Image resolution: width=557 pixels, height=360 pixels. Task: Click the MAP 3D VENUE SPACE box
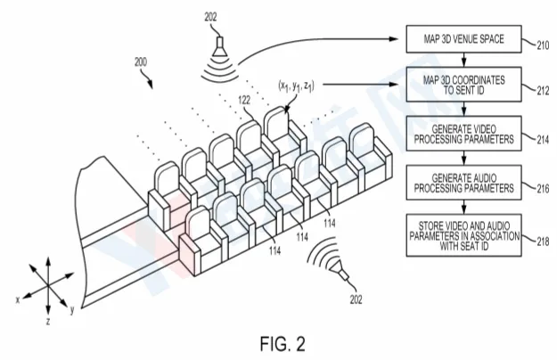[x=463, y=38]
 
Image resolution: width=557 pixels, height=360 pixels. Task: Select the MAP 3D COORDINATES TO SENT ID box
[x=463, y=85]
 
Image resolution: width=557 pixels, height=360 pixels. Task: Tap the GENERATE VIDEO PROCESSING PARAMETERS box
[x=463, y=134]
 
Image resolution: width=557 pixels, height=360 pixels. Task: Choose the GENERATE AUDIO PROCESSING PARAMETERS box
[x=463, y=183]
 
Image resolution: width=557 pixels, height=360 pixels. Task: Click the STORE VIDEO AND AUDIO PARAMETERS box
[x=463, y=235]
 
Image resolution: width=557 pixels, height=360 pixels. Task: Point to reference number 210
[x=543, y=45]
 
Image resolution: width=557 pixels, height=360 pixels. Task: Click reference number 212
[x=543, y=91]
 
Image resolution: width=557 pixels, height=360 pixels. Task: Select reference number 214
[x=543, y=140]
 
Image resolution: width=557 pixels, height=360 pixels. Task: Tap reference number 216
[x=543, y=189]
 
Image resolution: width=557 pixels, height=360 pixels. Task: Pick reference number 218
[x=543, y=241]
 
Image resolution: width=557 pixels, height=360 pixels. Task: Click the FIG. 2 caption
[x=283, y=344]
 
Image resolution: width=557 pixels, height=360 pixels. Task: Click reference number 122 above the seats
[x=244, y=101]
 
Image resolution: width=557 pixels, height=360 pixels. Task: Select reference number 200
[x=141, y=62]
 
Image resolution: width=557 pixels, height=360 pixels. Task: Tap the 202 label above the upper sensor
[x=210, y=17]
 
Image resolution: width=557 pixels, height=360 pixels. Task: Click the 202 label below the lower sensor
[x=356, y=299]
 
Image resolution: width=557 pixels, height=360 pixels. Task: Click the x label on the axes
[x=18, y=300]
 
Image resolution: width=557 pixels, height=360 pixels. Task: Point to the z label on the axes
[x=48, y=322]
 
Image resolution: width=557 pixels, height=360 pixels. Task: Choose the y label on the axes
[x=72, y=310]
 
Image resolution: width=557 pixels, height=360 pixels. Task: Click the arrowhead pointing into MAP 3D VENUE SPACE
[x=394, y=38]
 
